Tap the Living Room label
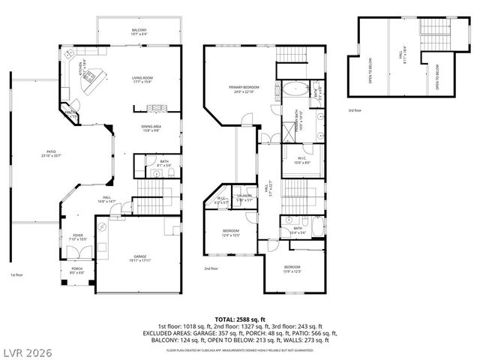[142, 79]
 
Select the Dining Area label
[151, 127]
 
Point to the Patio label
[52, 155]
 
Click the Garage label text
[140, 257]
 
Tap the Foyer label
[77, 236]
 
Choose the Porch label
[78, 271]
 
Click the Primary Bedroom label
[242, 90]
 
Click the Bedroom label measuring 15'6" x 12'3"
[292, 269]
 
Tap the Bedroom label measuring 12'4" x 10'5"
[231, 233]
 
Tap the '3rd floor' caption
[355, 110]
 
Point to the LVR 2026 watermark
[31, 349]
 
